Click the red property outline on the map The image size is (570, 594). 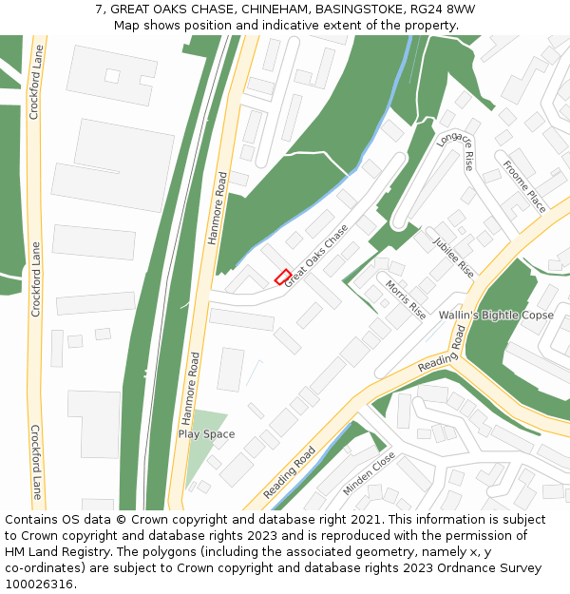283,277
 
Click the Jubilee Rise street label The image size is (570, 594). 453,257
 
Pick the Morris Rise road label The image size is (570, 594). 406,298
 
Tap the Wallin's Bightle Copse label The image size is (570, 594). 496,315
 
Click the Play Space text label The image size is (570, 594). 206,434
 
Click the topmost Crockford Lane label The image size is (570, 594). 34,86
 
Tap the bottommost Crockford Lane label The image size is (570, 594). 36,463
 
